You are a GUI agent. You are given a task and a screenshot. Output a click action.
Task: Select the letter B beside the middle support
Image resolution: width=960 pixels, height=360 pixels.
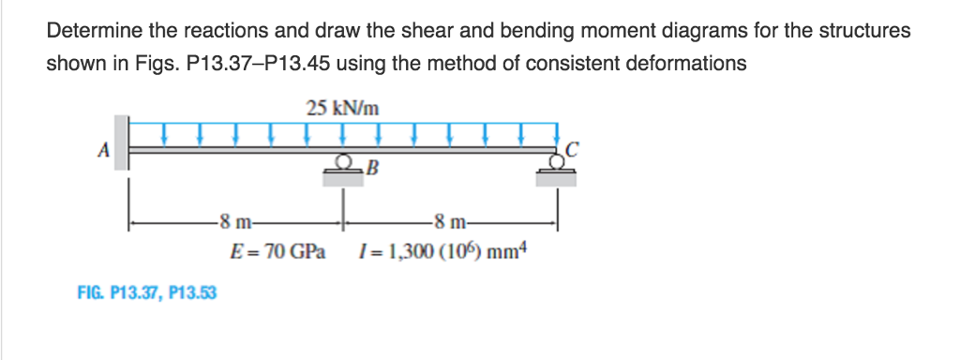[x=373, y=170]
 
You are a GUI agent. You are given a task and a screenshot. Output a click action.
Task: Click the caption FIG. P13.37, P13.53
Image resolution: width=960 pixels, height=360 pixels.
[x=146, y=292]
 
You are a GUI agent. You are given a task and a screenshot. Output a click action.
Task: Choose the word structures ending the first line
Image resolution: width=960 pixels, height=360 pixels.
[x=864, y=31]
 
